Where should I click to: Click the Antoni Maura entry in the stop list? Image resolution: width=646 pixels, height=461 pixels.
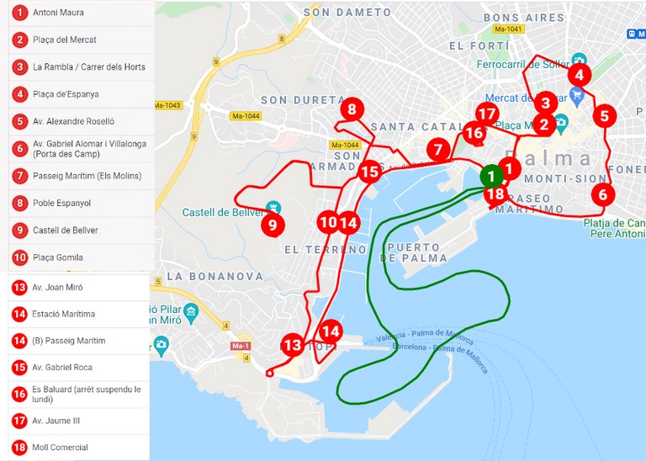[58, 13]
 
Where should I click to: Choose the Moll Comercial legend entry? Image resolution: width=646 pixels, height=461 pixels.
[60, 447]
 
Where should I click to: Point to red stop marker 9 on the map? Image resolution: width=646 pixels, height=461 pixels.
[272, 225]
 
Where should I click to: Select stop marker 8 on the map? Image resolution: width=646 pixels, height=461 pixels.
[352, 109]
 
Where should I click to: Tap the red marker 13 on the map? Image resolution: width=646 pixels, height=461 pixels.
[292, 344]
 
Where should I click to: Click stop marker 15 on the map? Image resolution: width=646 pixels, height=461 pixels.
[369, 172]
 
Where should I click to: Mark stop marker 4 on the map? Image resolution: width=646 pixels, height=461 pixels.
[579, 74]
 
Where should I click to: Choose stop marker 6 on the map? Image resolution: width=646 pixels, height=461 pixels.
[602, 193]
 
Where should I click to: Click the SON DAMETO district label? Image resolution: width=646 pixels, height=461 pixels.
[347, 13]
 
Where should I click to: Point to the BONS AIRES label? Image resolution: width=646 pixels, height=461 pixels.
[524, 18]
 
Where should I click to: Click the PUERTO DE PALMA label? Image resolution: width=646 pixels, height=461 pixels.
[414, 252]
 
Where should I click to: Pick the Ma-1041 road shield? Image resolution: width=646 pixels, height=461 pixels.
[509, 29]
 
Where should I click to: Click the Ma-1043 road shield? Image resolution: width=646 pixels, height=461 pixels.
[167, 105]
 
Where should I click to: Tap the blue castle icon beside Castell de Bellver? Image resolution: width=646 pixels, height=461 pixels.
[273, 206]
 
